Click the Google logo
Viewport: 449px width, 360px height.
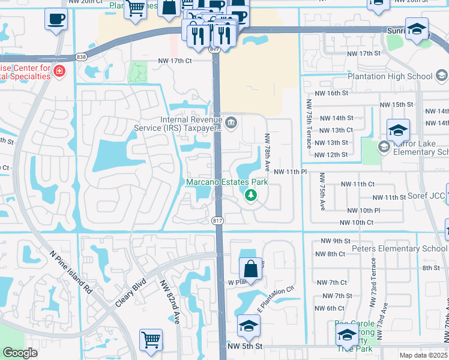click(20, 353)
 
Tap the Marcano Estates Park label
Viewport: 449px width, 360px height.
click(227, 182)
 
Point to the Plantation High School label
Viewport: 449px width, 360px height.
click(390, 76)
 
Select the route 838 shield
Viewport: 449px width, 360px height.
click(81, 57)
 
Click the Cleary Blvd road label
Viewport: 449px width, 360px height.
click(130, 291)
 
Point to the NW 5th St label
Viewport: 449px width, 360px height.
click(245, 346)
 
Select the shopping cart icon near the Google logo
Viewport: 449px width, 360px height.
click(151, 340)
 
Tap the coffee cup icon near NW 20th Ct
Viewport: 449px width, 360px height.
click(56, 19)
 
